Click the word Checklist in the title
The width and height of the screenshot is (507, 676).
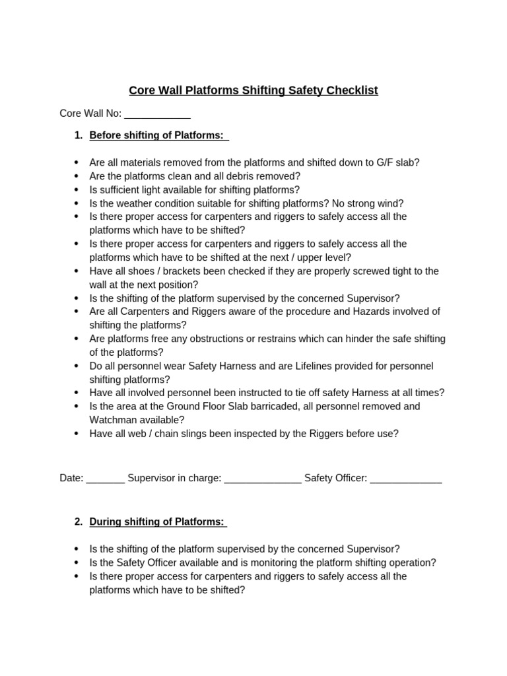pyautogui.click(x=352, y=90)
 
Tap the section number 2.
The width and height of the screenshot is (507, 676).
pyautogui.click(x=79, y=522)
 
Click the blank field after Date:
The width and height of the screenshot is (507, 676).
pyautogui.click(x=105, y=478)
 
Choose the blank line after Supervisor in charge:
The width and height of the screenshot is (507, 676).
pyautogui.click(x=263, y=478)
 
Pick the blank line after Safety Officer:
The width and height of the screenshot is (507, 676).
pyautogui.click(x=406, y=478)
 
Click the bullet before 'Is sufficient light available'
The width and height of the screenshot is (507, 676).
pyautogui.click(x=77, y=190)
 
